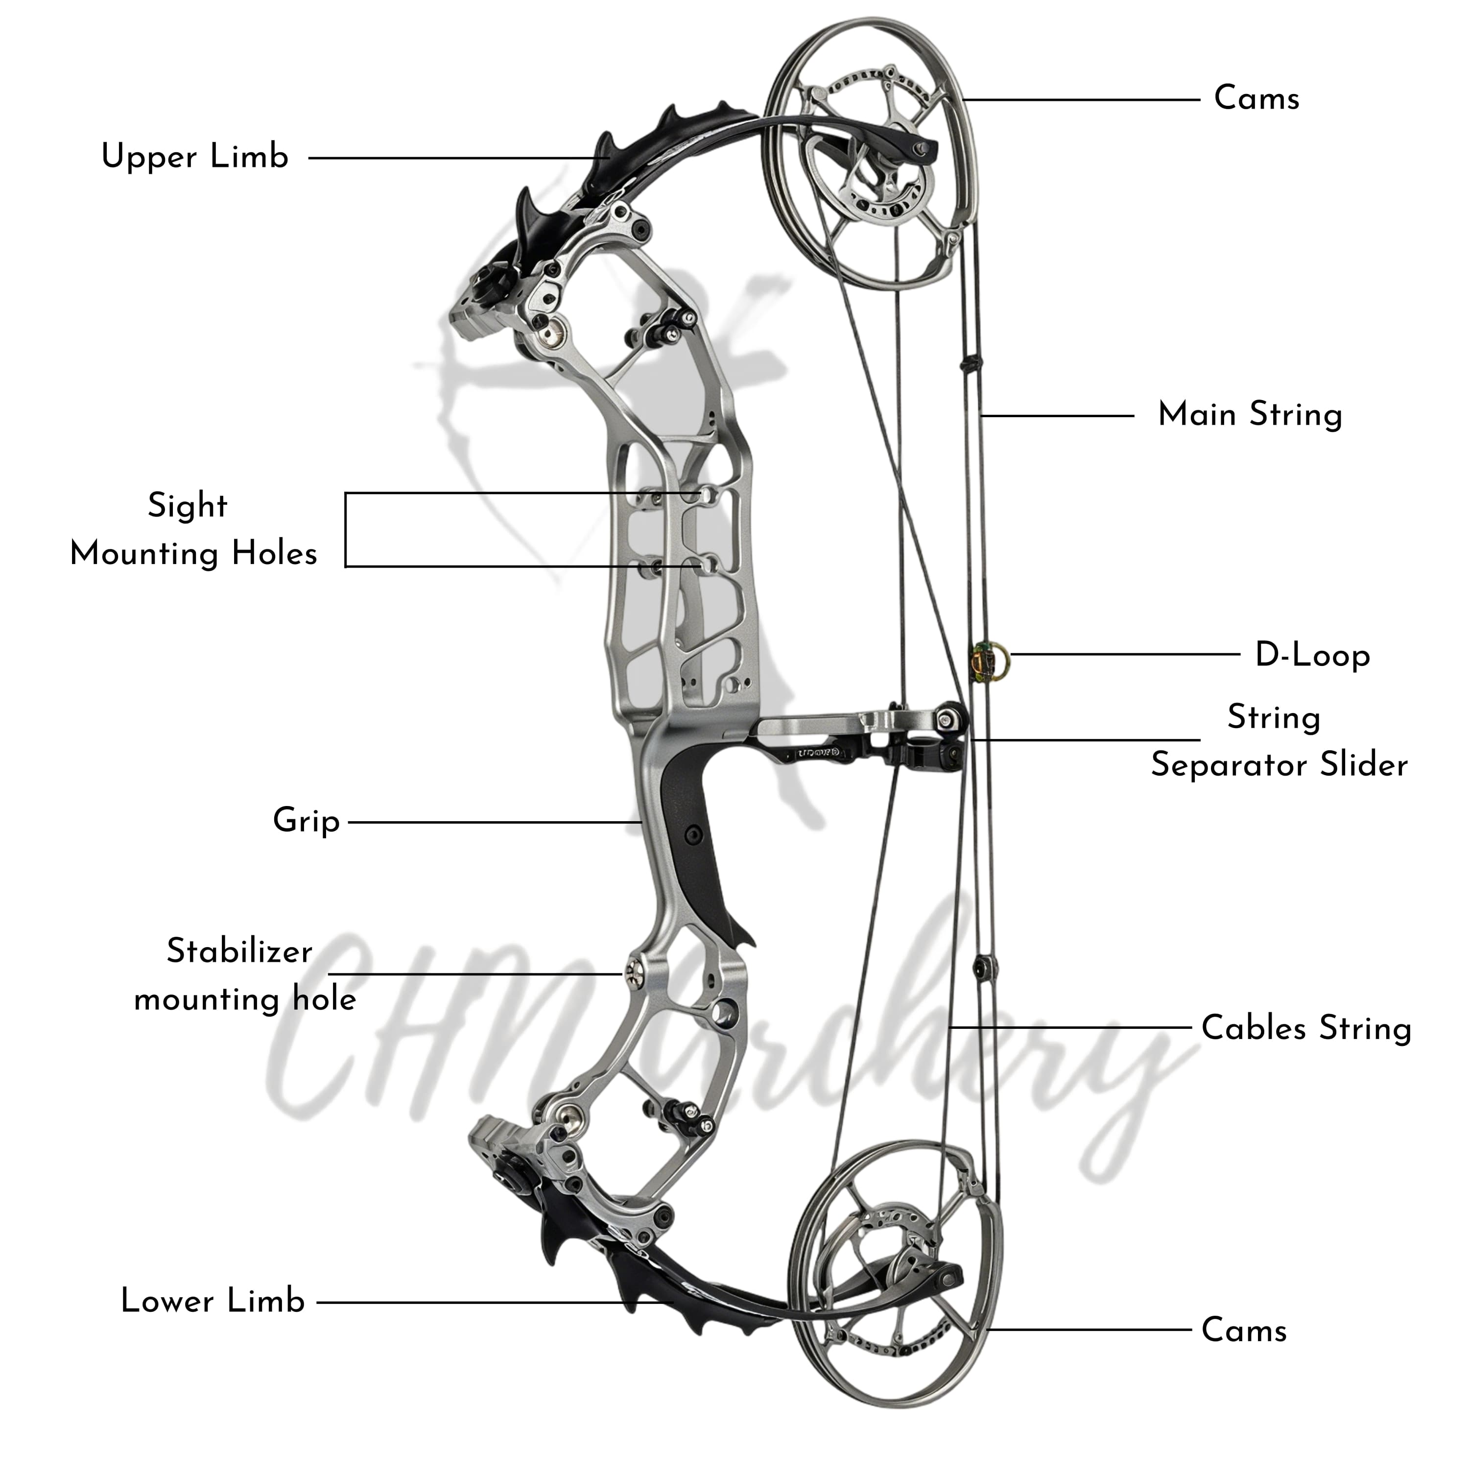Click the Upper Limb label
tap(195, 157)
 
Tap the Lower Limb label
tap(213, 1301)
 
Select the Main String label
tap(1249, 415)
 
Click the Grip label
tap(306, 821)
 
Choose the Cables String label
tap(1305, 1028)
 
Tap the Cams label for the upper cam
tap(1256, 99)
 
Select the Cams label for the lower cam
tap(1244, 1330)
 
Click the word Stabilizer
tap(239, 951)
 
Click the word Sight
tap(187, 506)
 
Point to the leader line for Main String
tap(1057, 415)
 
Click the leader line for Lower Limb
tap(494, 1302)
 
